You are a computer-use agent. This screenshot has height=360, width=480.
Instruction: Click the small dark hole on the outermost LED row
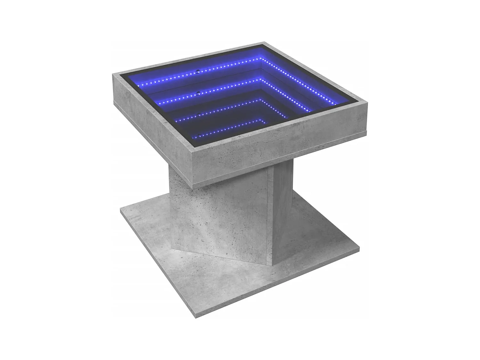199,71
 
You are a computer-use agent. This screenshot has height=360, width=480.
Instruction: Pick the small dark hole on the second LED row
199,92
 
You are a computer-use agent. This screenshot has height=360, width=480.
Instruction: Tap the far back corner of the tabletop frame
264,43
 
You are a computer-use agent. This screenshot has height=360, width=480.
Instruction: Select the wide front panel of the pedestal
221,218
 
